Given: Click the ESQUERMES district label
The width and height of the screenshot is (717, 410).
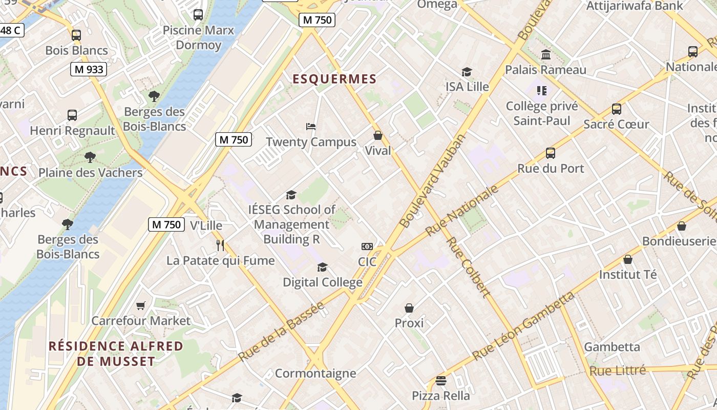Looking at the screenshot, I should (x=334, y=79).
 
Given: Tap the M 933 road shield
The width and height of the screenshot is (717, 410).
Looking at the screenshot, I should (x=88, y=69).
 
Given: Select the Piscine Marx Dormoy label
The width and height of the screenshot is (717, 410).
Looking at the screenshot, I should (x=198, y=37).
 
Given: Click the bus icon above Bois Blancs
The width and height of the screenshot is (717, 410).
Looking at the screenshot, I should (x=76, y=35).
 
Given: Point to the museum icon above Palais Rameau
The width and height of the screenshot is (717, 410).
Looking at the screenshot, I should (x=546, y=54).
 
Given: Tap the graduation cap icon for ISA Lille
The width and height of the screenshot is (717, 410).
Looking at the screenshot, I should (x=467, y=72).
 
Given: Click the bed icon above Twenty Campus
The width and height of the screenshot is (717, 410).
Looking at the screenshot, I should (x=311, y=127).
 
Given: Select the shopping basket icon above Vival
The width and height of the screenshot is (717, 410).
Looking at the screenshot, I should (x=378, y=135).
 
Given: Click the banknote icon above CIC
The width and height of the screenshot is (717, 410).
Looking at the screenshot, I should (x=367, y=247).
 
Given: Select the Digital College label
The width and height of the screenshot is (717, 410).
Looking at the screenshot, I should (x=323, y=282).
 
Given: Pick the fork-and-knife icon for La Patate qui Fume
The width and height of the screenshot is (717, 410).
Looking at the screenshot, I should (x=220, y=245).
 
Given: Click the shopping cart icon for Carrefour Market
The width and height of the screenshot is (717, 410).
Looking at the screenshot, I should (x=141, y=306).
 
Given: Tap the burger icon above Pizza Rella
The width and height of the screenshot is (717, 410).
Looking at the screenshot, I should (x=441, y=381).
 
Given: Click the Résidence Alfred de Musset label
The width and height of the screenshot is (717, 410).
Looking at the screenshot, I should (x=116, y=354).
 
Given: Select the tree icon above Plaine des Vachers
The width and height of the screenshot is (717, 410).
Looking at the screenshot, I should (x=90, y=157).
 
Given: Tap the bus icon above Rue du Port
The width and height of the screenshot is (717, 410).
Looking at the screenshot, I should (x=551, y=153).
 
